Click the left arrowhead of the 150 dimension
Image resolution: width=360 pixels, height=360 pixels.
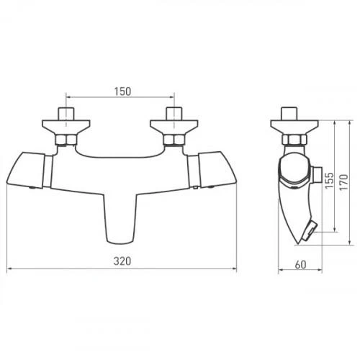point(68,94)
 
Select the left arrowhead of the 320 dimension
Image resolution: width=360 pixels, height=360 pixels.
point(9,270)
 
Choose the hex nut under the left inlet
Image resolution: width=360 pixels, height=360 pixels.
point(66,140)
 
